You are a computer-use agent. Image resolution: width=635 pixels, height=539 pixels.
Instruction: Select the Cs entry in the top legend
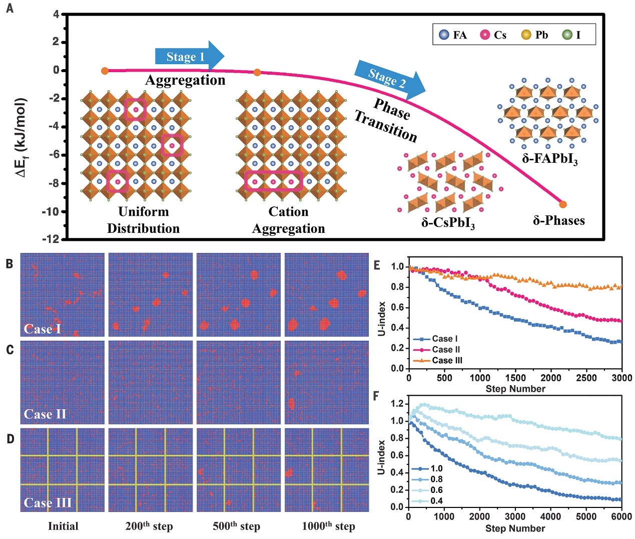493,35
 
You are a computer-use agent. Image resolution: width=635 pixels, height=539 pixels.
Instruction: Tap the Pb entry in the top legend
534,35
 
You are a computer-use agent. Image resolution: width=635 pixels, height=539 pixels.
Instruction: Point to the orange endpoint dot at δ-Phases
563,204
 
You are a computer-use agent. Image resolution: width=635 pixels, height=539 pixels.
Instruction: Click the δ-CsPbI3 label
448,222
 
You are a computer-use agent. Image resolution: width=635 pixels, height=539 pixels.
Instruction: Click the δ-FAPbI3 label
549,159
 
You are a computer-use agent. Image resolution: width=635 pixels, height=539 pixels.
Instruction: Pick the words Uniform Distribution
143,220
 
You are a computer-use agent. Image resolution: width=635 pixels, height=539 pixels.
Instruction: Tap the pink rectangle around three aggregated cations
273,181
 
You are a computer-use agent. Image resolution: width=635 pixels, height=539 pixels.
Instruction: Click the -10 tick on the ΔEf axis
51,211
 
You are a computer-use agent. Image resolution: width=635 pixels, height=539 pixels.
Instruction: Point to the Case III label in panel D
48,502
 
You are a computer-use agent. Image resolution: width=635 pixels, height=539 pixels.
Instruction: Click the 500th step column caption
236,526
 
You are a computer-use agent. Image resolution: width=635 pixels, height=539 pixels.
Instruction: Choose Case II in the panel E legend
445,350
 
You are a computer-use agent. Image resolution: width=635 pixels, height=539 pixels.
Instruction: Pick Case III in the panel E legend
446,361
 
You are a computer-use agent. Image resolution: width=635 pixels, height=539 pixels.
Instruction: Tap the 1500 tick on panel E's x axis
515,378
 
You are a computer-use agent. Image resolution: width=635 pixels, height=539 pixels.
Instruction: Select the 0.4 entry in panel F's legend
436,501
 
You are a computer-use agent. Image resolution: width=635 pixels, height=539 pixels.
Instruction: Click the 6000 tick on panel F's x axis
621,517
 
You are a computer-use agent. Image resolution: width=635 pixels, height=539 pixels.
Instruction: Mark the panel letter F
377,396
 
